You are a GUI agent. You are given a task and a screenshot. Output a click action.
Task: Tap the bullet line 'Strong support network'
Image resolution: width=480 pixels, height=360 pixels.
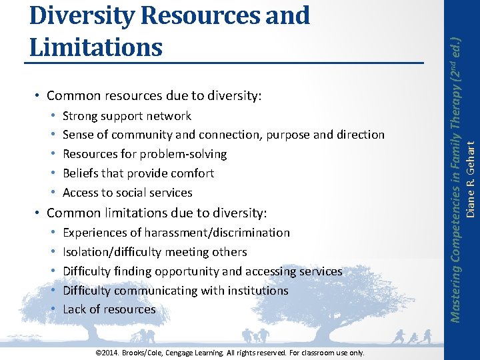coord(127,116)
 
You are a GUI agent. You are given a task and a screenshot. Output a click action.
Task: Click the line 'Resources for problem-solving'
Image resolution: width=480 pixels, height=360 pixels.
coord(145,154)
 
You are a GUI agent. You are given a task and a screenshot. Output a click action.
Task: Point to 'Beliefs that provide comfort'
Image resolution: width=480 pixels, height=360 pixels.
coord(138,173)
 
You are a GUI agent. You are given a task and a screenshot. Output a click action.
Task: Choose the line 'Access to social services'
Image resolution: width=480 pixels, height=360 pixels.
coord(127,193)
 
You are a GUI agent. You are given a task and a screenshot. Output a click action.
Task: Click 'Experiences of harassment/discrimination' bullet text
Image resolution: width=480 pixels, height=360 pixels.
coord(176,233)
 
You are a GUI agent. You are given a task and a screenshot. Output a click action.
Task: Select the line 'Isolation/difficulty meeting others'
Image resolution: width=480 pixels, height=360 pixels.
coord(155,252)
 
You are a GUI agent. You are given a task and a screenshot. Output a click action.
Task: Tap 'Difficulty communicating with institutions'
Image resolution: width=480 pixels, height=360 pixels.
coord(175,291)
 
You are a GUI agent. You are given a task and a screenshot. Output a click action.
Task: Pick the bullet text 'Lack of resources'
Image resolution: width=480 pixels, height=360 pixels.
coord(109,310)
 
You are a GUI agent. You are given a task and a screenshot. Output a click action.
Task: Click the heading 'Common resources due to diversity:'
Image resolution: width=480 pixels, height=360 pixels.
coord(155,96)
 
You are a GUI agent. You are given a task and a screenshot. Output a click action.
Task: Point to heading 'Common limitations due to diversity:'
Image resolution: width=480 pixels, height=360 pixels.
coord(157,213)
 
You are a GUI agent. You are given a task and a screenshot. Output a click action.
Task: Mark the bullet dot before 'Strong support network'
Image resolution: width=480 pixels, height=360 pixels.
coord(53,117)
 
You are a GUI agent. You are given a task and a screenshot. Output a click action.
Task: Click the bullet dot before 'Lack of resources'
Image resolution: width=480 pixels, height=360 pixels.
coord(53,310)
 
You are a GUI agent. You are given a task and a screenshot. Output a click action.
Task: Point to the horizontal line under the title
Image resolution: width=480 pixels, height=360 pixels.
coord(224,63)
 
